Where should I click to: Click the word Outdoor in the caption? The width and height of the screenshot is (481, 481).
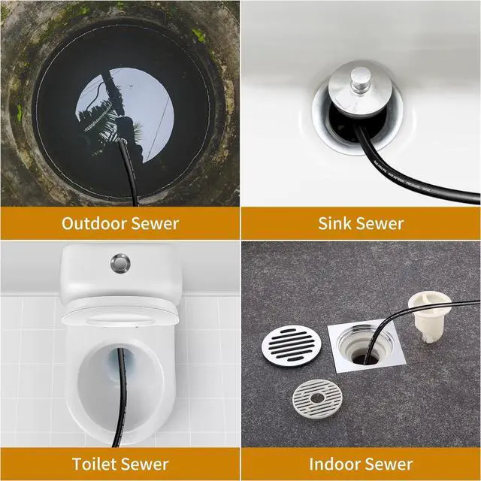click(94, 223)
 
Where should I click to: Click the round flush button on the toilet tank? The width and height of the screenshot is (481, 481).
click(120, 262)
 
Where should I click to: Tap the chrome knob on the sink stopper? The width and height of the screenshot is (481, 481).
click(361, 80)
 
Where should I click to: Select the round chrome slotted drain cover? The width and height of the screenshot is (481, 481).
click(292, 346)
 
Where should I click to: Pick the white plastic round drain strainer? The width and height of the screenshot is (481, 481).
click(317, 398)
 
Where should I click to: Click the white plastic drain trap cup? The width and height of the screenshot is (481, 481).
click(426, 316)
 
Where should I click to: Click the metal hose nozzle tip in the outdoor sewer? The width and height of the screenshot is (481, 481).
click(122, 142)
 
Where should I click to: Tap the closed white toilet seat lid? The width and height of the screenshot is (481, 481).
click(120, 314)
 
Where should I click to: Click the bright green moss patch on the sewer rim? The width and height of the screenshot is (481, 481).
click(198, 35)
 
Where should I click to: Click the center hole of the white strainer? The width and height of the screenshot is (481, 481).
click(317, 398)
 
